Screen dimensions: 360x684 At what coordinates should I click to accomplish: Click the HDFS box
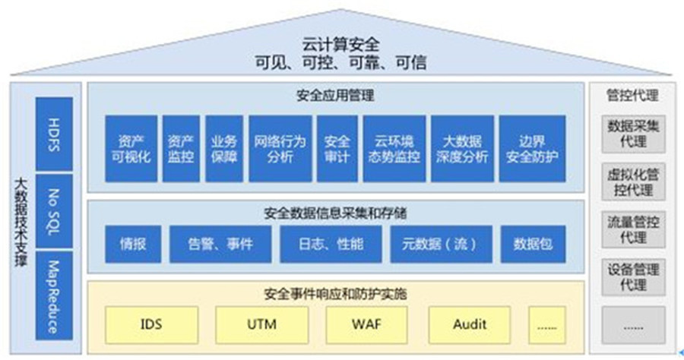point(54,134)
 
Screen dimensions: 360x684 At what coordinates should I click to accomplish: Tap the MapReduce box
point(54,296)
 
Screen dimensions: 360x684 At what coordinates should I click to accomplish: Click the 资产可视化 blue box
point(131,149)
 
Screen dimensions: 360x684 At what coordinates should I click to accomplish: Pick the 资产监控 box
point(180,149)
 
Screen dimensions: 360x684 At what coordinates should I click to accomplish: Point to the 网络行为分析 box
point(279,149)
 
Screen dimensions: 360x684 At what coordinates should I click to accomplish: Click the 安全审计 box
point(337,149)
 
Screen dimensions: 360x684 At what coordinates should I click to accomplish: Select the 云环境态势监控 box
point(394,149)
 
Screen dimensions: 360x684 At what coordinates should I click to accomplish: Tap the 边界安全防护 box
point(532,149)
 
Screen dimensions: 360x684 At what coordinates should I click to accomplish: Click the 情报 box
point(131,244)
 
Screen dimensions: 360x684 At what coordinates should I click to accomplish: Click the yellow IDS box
point(151,325)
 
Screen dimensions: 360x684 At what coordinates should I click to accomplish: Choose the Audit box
point(470,325)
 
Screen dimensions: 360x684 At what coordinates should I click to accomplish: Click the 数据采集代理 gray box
point(633,133)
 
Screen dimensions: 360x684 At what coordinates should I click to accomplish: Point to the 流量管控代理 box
point(633,229)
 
